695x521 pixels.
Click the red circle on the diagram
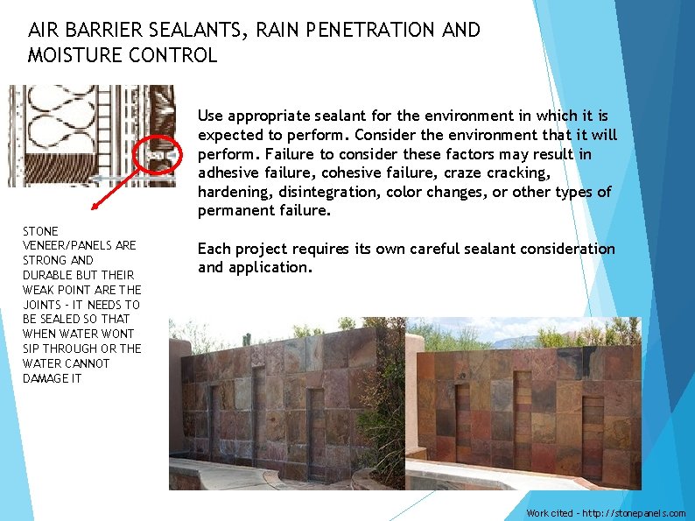(161, 153)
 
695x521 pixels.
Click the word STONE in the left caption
(40, 231)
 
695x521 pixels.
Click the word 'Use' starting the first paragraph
(211, 116)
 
